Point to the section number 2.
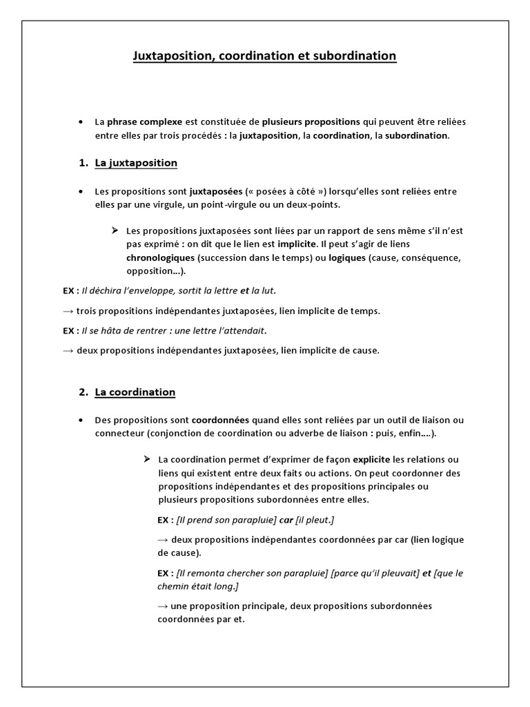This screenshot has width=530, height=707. (83, 392)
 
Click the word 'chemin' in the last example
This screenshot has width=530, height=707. (173, 586)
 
